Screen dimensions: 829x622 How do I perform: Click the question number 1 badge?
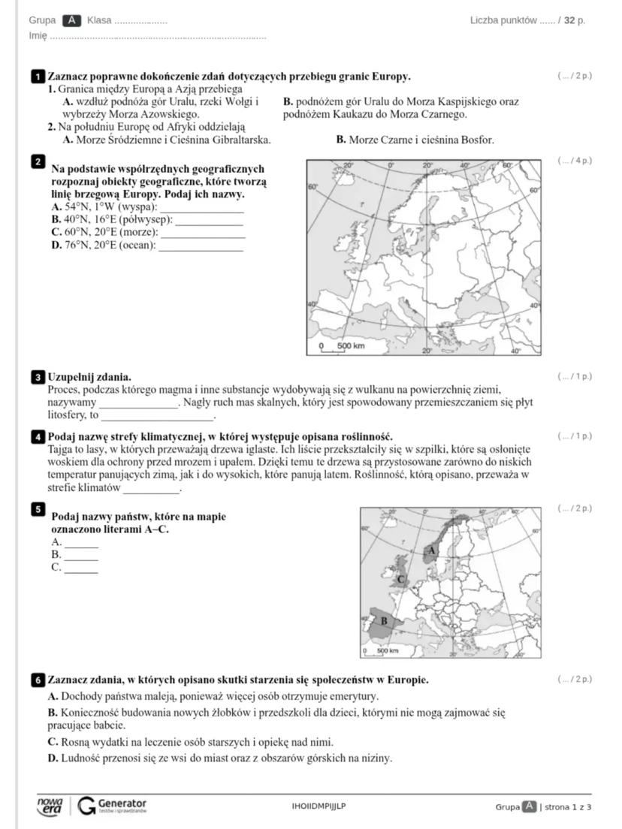38,77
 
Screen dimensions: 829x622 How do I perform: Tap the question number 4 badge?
38,436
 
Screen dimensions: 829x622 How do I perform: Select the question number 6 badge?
38,680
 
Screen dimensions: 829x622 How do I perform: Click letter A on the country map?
430,550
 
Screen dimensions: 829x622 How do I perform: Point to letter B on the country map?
384,621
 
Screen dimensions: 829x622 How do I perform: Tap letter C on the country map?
400,579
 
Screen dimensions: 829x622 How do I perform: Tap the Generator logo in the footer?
113,806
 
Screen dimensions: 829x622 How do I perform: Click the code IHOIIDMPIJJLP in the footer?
319,806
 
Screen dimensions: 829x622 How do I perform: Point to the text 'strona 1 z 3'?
568,807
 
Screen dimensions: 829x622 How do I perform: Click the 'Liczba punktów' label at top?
503,20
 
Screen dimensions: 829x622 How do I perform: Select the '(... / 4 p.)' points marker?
575,161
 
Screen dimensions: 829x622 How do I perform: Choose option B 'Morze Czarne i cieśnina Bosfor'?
415,140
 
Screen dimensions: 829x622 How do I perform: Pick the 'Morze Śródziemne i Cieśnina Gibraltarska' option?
167,140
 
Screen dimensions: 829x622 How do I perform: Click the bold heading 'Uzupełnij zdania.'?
89,376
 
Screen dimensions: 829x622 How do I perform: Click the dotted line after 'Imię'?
158,36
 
